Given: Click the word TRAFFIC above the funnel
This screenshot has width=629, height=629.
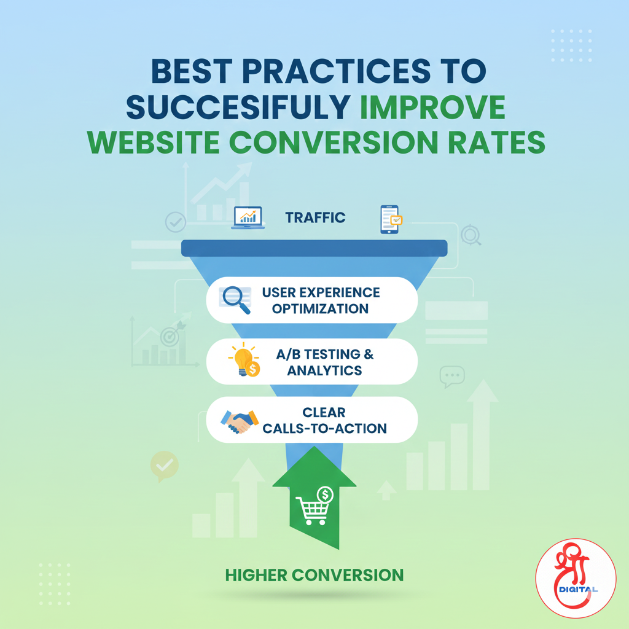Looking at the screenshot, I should [315, 217].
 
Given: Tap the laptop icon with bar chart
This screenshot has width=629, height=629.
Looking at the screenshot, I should [248, 218].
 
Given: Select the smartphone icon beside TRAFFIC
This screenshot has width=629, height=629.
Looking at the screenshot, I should [389, 219].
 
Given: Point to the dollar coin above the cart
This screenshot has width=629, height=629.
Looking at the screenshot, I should [324, 493].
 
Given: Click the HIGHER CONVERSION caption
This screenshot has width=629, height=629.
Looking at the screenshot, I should [314, 575].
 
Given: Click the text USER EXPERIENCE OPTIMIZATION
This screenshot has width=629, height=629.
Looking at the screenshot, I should [321, 300].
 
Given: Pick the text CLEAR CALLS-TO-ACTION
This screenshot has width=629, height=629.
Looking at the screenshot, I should [325, 420].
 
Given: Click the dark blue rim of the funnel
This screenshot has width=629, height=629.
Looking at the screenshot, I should [314, 248].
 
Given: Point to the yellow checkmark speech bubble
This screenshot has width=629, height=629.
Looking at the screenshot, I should [164, 466].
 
